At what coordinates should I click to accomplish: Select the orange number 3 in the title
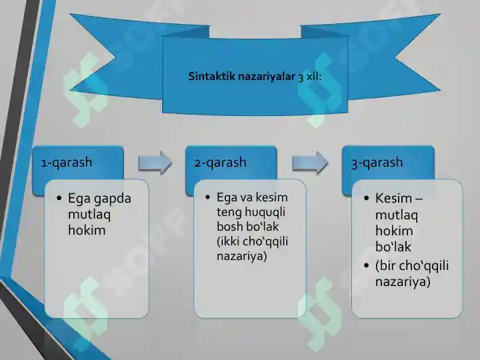click(x=302, y=77)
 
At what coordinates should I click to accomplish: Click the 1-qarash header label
click(x=67, y=162)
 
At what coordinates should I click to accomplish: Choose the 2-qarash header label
click(x=221, y=162)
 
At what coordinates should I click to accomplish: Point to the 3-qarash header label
click(x=377, y=163)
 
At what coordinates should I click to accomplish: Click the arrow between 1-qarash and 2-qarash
click(x=155, y=163)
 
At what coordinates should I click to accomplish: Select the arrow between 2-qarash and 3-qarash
click(x=310, y=163)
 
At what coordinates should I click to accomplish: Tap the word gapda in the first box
click(x=113, y=199)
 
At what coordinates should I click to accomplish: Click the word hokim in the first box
click(x=87, y=231)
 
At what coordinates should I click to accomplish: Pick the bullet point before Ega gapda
click(x=59, y=199)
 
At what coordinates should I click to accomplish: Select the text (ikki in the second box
click(x=229, y=241)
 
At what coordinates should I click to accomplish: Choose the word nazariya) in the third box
click(x=402, y=282)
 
